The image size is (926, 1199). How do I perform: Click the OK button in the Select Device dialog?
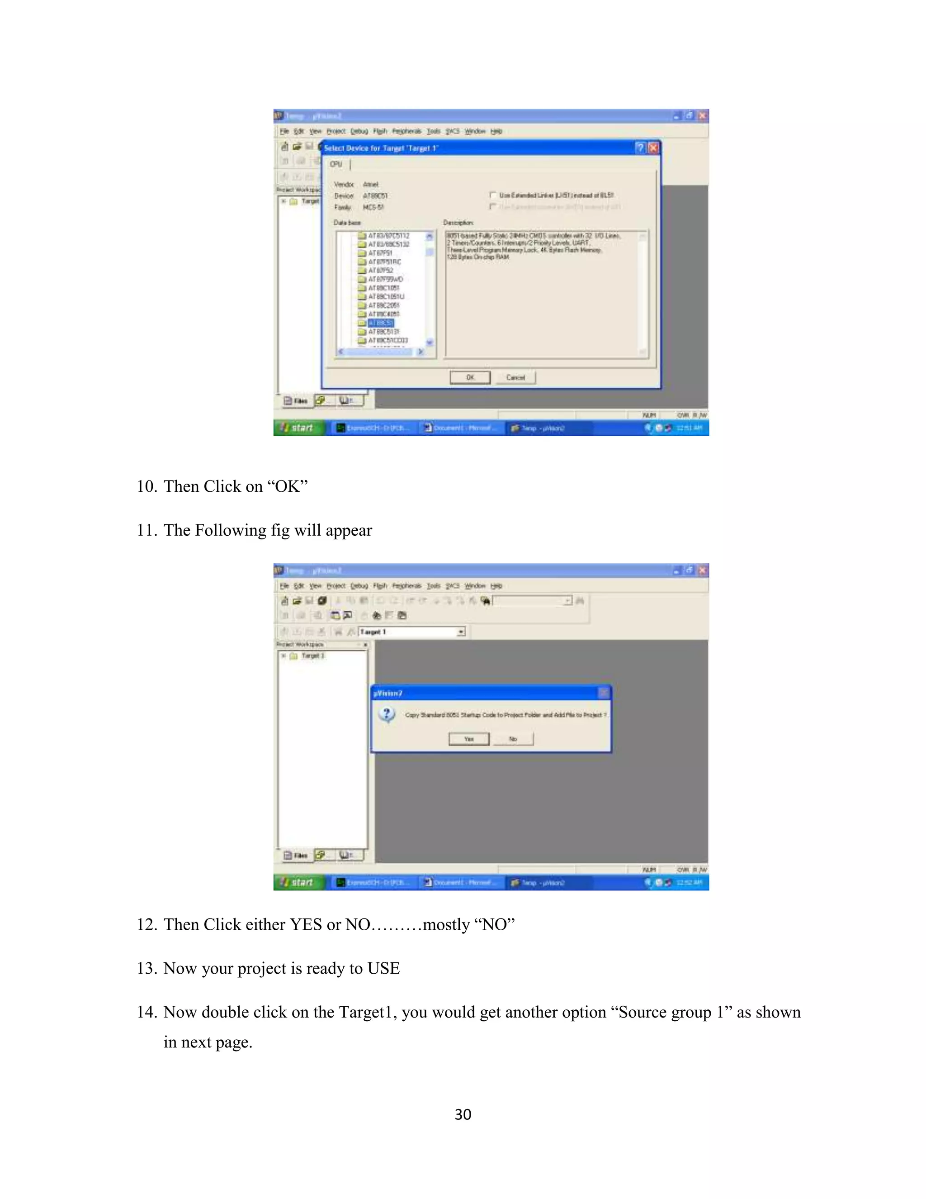(470, 378)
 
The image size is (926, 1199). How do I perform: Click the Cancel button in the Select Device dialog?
(515, 378)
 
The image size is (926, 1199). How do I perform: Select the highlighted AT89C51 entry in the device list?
(381, 323)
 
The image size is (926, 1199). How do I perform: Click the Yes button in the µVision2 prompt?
(468, 739)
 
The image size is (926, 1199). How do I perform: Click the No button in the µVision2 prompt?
(513, 739)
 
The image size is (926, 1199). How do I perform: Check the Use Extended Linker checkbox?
(493, 195)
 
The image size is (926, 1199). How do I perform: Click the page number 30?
(463, 1114)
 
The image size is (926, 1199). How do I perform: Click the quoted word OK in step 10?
(288, 486)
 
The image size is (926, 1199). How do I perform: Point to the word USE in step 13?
(383, 968)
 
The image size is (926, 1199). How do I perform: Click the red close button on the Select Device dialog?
(653, 147)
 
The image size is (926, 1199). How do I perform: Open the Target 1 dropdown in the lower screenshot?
(461, 632)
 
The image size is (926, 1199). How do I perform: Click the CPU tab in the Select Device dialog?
(336, 164)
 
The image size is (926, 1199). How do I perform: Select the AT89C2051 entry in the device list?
(383, 305)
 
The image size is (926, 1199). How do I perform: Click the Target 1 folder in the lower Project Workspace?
(312, 656)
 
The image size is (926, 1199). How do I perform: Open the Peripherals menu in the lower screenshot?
(406, 586)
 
